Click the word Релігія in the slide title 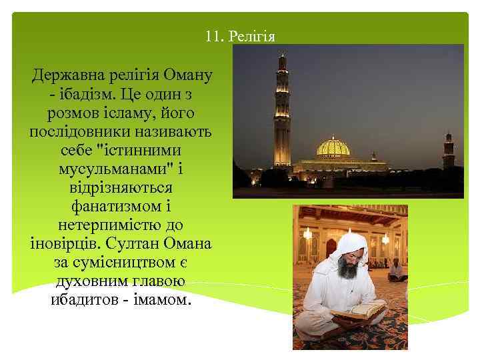tap(251, 36)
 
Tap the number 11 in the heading tap(213, 36)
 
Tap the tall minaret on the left tap(282, 113)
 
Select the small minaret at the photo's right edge tap(449, 150)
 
